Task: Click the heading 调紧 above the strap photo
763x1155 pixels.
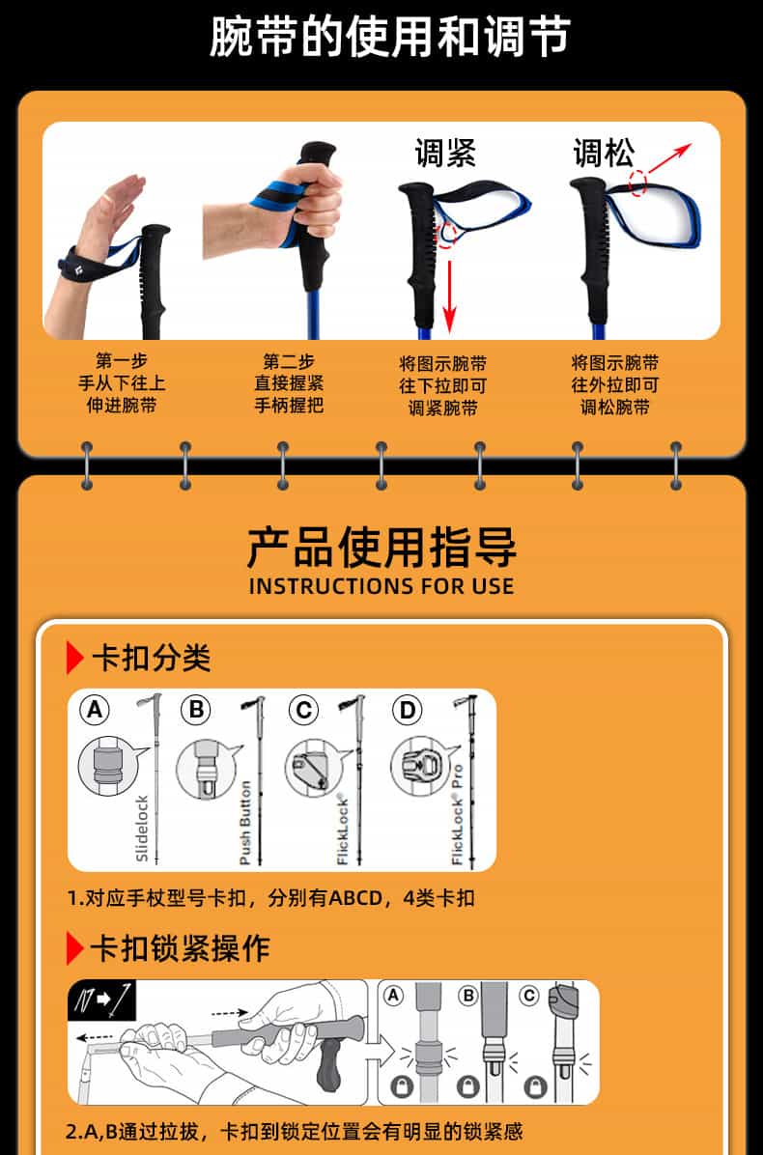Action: [x=445, y=154]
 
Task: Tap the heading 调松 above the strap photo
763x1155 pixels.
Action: [x=604, y=154]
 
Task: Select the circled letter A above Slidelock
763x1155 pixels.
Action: [x=95, y=710]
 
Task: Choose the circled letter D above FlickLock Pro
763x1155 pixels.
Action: [x=407, y=710]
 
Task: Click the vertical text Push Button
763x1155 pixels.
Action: [x=245, y=823]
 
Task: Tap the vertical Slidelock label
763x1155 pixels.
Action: [x=142, y=829]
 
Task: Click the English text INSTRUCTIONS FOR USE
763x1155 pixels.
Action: [x=381, y=586]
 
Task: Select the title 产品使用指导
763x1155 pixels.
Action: [x=381, y=548]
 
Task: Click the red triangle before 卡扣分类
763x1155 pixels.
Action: [x=75, y=657]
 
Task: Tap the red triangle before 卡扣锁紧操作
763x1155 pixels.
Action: [x=75, y=948]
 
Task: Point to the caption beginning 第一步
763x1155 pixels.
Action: [x=123, y=383]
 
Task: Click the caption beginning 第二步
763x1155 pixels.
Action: [x=289, y=383]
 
